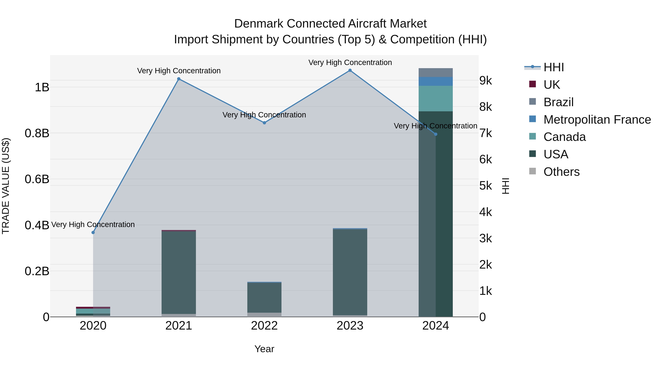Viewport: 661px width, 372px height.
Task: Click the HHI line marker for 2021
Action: pyautogui.click(x=179, y=79)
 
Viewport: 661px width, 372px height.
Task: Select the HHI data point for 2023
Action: pyautogui.click(x=350, y=70)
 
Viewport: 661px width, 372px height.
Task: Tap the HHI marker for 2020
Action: pyautogui.click(x=93, y=233)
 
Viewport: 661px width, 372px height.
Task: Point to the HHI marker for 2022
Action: pyautogui.click(x=265, y=123)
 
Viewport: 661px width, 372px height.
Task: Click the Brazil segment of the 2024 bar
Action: pyautogui.click(x=436, y=73)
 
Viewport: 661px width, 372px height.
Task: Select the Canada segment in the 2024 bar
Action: pyautogui.click(x=436, y=99)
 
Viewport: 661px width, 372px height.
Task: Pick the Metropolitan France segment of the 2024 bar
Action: pyautogui.click(x=436, y=81)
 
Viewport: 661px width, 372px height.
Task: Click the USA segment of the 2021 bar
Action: pyautogui.click(x=179, y=272)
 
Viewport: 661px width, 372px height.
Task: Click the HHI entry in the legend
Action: pyautogui.click(x=553, y=67)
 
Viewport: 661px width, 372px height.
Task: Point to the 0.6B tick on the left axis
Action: pyautogui.click(x=37, y=179)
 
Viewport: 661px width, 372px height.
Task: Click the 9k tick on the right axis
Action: pyautogui.click(x=485, y=81)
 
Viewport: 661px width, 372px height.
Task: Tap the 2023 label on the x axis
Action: pyautogui.click(x=350, y=326)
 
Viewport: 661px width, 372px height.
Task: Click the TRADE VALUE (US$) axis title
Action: pyautogui.click(x=6, y=186)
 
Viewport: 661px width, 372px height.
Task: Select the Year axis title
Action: pyautogui.click(x=264, y=349)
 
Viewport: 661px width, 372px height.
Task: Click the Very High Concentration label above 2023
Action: pyautogui.click(x=350, y=62)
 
